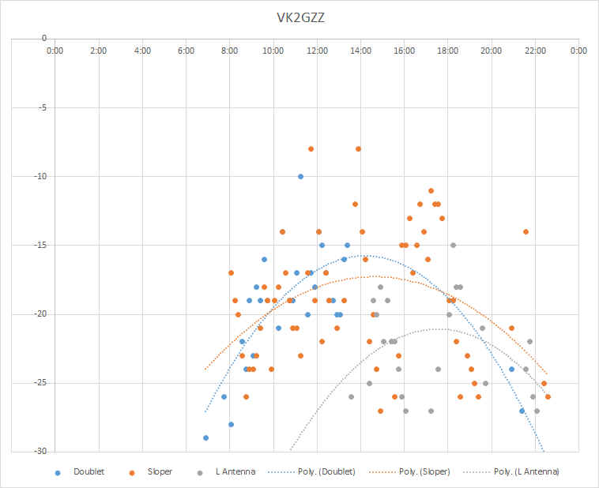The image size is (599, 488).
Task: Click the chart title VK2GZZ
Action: point(300,18)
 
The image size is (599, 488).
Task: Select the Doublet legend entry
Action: point(80,472)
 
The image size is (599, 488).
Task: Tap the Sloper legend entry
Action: point(151,472)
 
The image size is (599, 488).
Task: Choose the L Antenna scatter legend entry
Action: point(227,472)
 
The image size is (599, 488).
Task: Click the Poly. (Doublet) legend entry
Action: point(311,472)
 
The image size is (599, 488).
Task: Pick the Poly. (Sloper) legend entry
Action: point(409,472)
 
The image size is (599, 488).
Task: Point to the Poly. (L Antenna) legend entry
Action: point(511,472)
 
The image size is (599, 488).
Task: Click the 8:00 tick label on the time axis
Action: point(230,51)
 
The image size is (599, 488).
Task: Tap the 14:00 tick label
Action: point(360,51)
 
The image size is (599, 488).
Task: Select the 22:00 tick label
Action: point(535,51)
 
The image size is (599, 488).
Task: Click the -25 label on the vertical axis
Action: point(40,383)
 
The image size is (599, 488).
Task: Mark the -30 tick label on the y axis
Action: point(40,452)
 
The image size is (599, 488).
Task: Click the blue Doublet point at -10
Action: point(300,176)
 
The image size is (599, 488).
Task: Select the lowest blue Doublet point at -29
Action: point(206,437)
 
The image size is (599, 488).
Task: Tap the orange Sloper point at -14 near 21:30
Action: point(526,232)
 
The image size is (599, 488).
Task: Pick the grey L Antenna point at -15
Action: point(453,245)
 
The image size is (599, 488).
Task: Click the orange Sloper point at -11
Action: point(431,190)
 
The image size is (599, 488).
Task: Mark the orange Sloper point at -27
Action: point(380,411)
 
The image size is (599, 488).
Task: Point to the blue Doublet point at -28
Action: point(231,424)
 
